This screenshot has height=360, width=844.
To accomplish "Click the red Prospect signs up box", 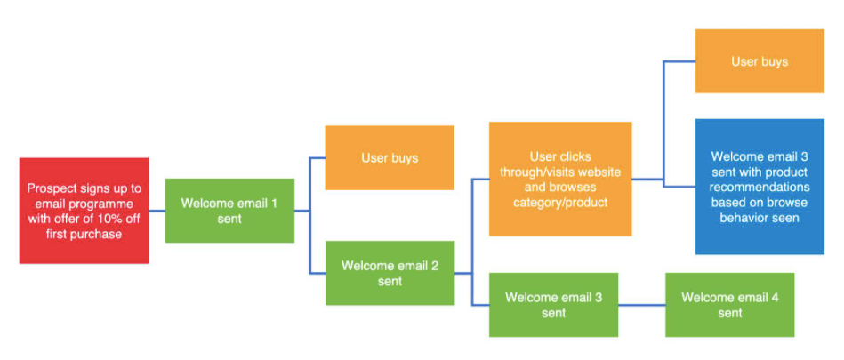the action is coord(84,211).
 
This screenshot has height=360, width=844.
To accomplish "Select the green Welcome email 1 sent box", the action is coord(229,211).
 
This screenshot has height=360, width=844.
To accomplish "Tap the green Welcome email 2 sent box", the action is coord(390,273).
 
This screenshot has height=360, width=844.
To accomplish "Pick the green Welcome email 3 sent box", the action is coord(553,305).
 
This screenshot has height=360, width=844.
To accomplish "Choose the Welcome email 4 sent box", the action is coord(730,305).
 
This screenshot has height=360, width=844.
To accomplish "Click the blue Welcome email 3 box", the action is coord(760,187).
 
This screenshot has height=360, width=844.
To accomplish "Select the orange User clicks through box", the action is coord(560,179).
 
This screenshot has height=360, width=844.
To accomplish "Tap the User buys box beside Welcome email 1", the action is coord(390,157).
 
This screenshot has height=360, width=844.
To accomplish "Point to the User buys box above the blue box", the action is coord(760,60).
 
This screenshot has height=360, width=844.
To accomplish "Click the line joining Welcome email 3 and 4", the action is coord(641,305).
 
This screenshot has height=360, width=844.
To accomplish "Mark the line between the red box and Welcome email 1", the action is coord(157,211).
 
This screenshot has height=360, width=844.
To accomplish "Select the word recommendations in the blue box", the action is coord(760,188).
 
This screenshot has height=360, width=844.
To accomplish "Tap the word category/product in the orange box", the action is coord(560,203).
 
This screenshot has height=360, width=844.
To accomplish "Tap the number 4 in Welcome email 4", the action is coord(774,297).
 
